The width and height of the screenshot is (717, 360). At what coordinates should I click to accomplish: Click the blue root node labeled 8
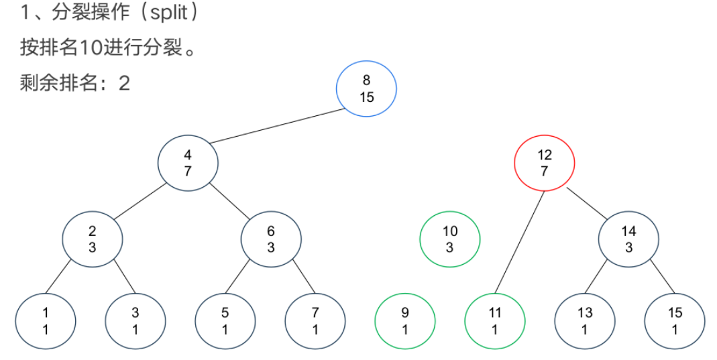point(366,88)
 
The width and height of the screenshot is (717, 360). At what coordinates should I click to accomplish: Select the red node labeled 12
point(544,163)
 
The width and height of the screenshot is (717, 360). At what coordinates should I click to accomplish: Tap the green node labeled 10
point(450,239)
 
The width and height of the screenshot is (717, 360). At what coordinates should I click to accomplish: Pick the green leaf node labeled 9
point(404,321)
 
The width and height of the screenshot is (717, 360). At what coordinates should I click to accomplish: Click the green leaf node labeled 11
point(495,321)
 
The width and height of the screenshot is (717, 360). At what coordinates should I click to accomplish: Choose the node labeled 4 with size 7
point(188,163)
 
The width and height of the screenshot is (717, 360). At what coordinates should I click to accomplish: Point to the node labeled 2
point(93,239)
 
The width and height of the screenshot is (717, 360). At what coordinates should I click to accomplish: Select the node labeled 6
point(271,239)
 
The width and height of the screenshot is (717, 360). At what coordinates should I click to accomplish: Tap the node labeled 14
point(628,239)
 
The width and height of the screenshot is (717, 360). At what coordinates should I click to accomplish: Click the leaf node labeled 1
point(46,321)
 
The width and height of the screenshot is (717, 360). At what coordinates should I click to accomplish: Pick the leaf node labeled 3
point(136,321)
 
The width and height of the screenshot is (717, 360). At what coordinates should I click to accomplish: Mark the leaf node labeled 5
point(225,321)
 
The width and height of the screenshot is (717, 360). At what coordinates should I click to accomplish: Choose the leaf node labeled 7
point(315,321)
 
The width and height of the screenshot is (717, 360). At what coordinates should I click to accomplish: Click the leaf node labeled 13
point(585,321)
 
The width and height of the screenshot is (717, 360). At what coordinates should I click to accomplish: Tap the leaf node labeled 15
point(675,321)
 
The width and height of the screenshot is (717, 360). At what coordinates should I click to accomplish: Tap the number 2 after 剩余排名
point(124,84)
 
